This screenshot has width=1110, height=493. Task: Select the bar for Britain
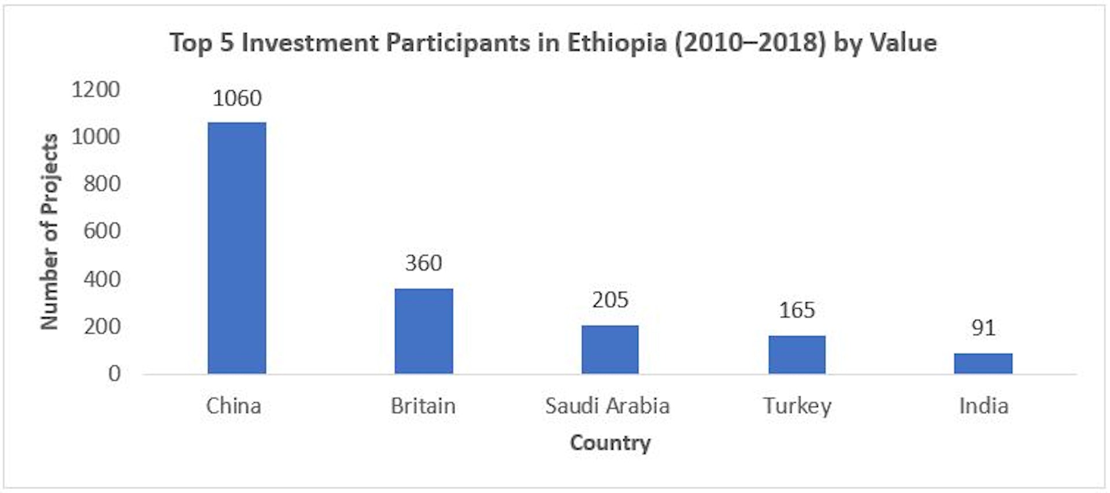[424, 331]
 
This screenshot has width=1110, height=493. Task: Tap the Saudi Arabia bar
[610, 349]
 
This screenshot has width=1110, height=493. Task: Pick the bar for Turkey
[797, 354]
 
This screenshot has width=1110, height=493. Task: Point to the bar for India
[983, 363]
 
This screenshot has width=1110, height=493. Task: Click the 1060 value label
[237, 98]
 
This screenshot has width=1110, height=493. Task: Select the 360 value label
[424, 264]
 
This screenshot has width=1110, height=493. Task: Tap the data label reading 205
[610, 300]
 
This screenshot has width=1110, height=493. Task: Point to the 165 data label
[797, 310]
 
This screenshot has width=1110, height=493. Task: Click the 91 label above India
[983, 328]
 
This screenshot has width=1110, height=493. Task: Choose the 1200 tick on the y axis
[95, 90]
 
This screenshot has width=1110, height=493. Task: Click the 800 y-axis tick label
[102, 184]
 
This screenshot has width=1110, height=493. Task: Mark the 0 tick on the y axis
[114, 373]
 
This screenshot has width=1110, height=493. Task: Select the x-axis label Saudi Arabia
[607, 406]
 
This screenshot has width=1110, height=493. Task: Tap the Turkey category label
[797, 406]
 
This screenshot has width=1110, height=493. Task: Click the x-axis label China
[234, 406]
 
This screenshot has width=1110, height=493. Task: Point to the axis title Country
[610, 443]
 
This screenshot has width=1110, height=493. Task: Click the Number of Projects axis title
[50, 231]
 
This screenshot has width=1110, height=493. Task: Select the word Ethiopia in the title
[616, 43]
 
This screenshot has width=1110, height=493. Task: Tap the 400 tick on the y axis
[102, 279]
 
